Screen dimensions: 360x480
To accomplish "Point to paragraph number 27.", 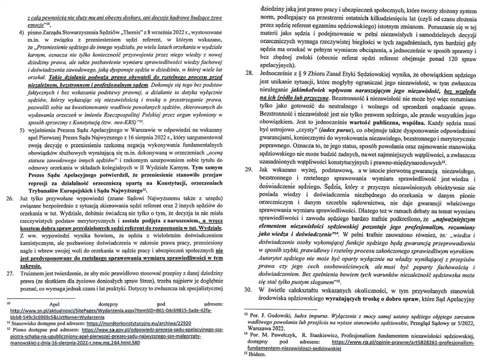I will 9,273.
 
